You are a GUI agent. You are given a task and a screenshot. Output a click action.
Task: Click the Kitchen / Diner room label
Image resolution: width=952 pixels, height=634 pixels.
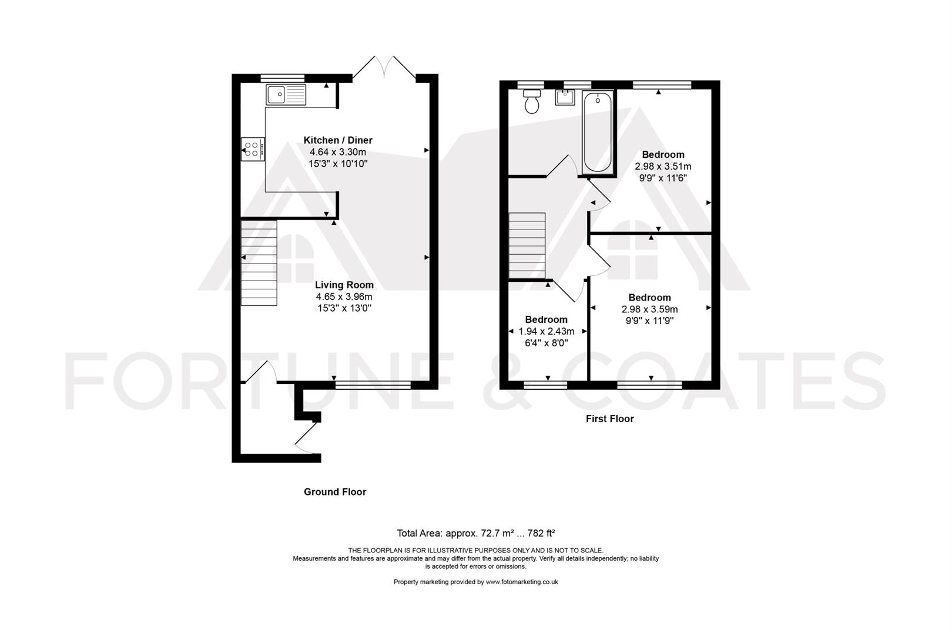(x=338, y=140)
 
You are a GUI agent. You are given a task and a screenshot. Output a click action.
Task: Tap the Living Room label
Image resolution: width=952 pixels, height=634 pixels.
(x=344, y=285)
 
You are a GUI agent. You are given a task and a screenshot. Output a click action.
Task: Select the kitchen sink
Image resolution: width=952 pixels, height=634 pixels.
(x=286, y=95)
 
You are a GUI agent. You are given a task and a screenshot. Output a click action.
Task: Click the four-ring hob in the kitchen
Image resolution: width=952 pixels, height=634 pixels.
(x=253, y=149)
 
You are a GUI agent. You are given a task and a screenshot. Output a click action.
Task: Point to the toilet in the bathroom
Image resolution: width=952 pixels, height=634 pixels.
(x=532, y=101)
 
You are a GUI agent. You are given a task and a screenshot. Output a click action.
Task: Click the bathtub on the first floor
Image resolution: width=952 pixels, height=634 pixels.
(x=598, y=133)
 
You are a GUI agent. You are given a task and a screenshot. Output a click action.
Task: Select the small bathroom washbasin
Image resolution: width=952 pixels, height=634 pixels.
(x=565, y=97)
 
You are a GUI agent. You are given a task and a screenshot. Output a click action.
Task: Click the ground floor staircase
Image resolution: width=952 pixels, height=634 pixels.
(x=259, y=262)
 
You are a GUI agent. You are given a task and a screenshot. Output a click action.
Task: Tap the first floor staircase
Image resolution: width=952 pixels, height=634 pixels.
(x=527, y=245)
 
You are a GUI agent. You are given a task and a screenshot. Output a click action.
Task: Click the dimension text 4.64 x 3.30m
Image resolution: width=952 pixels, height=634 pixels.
(x=338, y=152)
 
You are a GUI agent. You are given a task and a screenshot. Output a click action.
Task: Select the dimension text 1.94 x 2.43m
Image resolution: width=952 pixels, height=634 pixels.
(x=547, y=331)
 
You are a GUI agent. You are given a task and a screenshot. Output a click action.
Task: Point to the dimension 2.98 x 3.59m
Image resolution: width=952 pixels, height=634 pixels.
(x=650, y=309)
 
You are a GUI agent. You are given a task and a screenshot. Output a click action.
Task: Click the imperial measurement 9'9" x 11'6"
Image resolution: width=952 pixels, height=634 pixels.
(x=663, y=178)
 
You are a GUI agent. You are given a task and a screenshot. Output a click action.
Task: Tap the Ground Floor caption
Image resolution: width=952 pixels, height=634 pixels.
(x=335, y=492)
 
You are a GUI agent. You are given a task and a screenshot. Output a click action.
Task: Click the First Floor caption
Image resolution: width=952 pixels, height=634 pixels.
(x=610, y=419)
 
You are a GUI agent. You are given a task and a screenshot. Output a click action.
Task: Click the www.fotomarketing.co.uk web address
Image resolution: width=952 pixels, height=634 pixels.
(x=522, y=582)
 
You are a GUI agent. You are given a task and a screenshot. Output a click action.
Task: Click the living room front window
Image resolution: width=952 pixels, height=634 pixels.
(x=373, y=385)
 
